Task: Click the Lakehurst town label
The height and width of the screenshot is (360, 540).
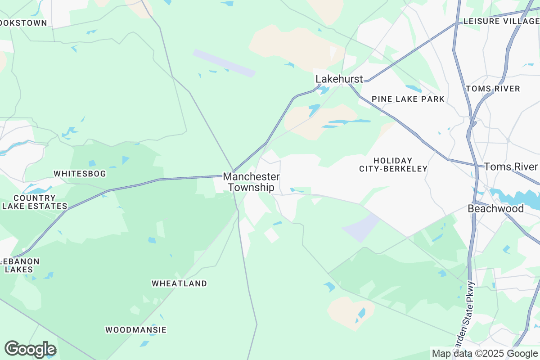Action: click(x=339, y=79)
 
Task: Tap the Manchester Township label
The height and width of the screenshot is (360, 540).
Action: click(x=252, y=182)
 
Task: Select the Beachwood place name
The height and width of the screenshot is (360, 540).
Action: click(x=495, y=209)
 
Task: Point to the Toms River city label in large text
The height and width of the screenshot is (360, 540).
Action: click(x=511, y=167)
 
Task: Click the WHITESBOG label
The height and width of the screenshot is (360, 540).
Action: click(x=80, y=174)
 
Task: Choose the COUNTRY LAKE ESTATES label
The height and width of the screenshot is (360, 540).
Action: click(x=35, y=202)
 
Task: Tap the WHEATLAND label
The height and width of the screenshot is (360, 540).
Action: click(x=179, y=283)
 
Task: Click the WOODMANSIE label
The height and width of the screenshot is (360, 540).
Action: click(x=136, y=330)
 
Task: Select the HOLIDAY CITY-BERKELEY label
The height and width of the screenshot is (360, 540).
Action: click(x=393, y=165)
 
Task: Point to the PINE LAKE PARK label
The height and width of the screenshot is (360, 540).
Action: click(x=408, y=99)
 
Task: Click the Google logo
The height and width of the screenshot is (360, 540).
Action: click(x=30, y=349)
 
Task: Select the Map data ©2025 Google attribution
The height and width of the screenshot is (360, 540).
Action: click(x=485, y=353)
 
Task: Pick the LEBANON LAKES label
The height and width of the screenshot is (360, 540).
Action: click(x=19, y=265)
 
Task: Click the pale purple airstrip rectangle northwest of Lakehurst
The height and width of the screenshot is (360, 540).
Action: click(x=224, y=63)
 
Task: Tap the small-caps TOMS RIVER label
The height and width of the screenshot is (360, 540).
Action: click(x=493, y=89)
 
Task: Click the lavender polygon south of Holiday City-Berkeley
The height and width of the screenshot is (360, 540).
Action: click(x=362, y=227)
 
